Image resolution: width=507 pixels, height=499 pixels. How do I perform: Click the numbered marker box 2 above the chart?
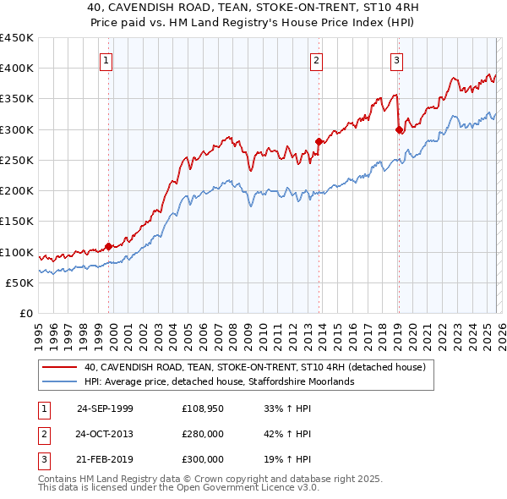(316, 60)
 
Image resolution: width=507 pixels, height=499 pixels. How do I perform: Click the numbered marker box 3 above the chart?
(396, 60)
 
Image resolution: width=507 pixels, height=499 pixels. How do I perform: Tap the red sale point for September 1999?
(109, 246)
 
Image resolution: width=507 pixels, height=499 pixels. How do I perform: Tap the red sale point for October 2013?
(319, 141)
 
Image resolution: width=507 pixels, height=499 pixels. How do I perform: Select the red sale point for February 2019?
(399, 129)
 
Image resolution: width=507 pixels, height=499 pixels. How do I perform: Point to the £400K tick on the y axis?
(17, 69)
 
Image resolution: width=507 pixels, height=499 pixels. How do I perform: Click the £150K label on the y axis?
(17, 222)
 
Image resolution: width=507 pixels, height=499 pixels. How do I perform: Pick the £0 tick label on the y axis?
(25, 314)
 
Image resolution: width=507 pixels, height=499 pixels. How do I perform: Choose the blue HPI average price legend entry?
(220, 381)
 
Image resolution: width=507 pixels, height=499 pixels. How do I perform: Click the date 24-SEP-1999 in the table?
(105, 408)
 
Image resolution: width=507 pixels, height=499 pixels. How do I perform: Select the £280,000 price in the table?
(203, 434)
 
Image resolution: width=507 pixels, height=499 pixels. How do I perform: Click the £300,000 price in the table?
(203, 459)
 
